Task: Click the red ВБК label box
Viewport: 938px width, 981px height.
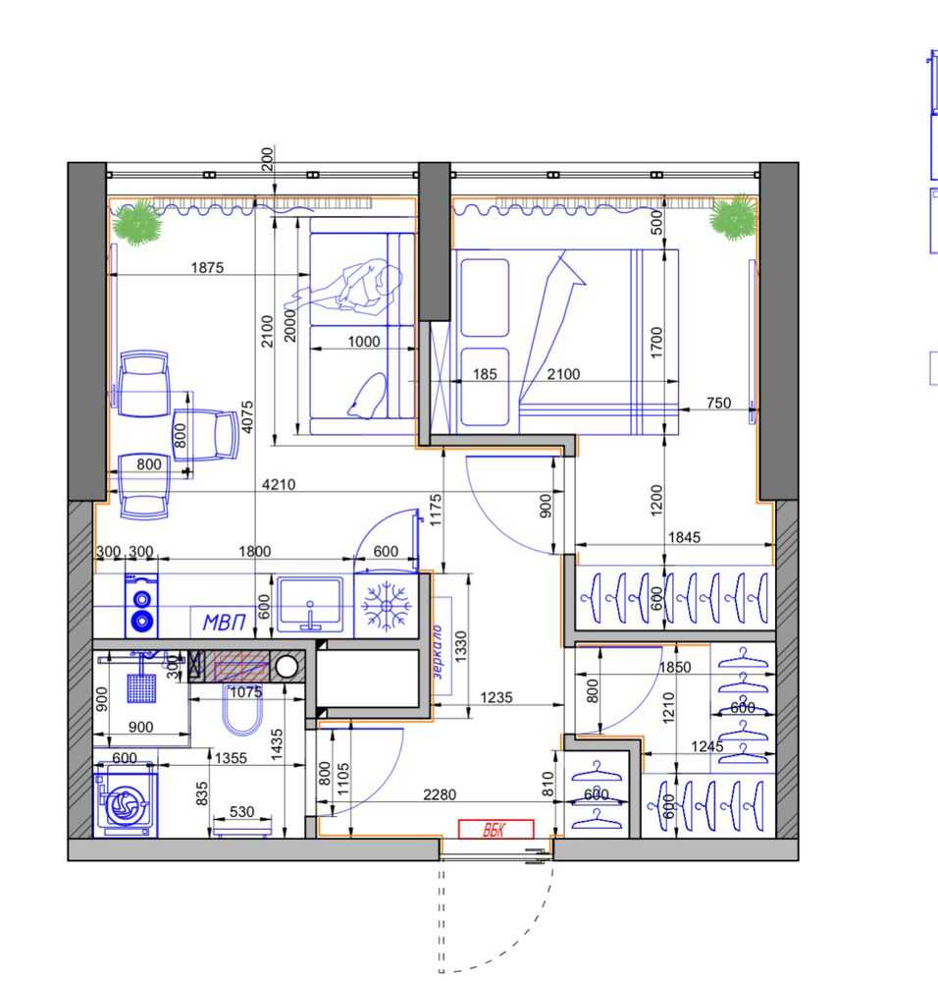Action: (x=495, y=829)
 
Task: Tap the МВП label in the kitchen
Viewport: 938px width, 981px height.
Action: (x=225, y=622)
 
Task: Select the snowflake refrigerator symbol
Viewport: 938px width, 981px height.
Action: (x=387, y=606)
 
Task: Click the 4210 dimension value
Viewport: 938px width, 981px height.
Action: (x=278, y=484)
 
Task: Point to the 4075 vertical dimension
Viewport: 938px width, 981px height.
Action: (x=248, y=416)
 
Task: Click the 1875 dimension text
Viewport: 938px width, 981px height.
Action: (x=207, y=268)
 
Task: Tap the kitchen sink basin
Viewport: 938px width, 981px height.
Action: (x=310, y=604)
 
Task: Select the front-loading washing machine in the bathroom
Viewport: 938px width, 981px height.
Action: (x=125, y=800)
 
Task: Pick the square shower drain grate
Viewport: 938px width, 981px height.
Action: (x=142, y=688)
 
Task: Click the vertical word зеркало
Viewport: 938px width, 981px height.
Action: (x=438, y=651)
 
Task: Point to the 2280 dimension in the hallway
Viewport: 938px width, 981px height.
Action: (x=440, y=794)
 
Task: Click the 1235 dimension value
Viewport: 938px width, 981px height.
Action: (x=496, y=697)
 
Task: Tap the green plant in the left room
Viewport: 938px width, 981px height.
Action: (x=137, y=223)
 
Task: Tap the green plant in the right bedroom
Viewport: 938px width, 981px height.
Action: (x=732, y=217)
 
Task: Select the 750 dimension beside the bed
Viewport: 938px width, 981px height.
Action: (x=718, y=403)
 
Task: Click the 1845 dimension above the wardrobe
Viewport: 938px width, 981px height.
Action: (x=684, y=537)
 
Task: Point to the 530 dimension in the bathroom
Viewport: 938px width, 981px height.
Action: (x=241, y=812)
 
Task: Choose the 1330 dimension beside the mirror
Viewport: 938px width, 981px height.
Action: (x=460, y=646)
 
